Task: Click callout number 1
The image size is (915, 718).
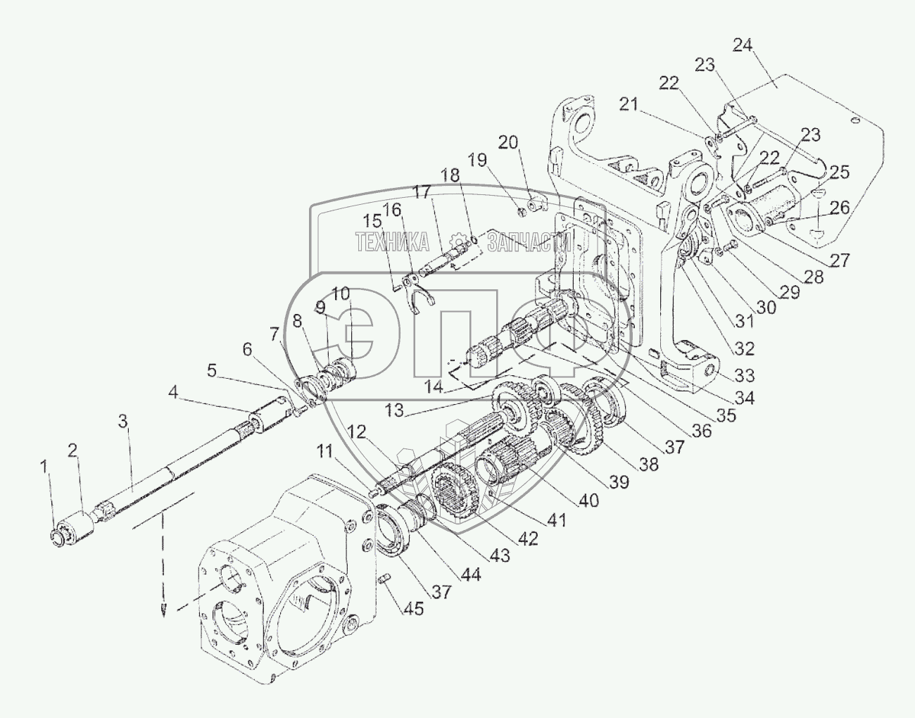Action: (x=44, y=465)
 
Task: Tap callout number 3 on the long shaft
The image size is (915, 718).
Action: (x=123, y=422)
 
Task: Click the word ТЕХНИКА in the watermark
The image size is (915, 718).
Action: (x=392, y=243)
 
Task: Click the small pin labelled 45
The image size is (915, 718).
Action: (x=385, y=579)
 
